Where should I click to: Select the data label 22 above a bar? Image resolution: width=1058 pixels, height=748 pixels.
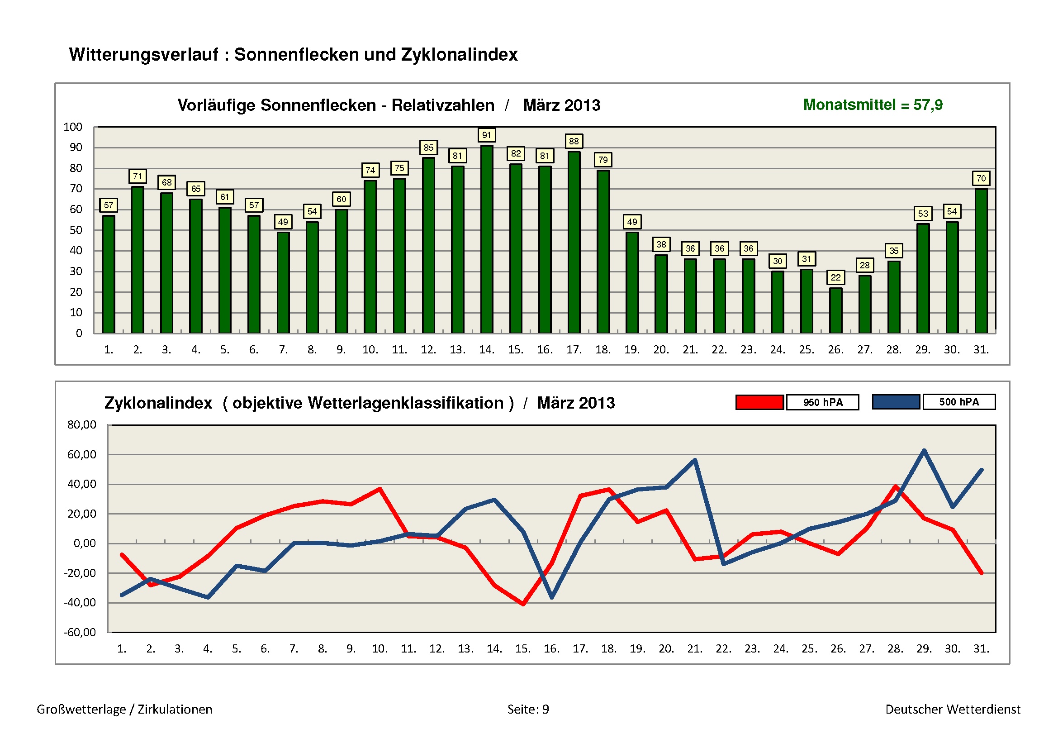point(835,277)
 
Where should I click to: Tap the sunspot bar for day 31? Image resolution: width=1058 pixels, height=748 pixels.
point(981,261)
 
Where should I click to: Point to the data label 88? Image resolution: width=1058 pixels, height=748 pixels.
point(574,142)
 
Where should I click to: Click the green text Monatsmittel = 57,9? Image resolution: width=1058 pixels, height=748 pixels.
point(873,105)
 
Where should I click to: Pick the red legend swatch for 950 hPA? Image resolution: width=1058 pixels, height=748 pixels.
point(759,402)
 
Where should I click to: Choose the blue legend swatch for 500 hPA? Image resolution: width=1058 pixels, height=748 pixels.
point(896,402)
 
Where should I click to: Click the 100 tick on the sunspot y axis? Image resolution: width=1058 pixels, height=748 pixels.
point(73,127)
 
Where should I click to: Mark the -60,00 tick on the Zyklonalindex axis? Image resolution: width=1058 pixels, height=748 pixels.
point(80,632)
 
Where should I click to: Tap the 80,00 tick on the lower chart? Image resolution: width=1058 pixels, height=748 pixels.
point(81,425)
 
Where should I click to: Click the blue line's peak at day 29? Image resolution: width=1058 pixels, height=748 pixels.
point(924,451)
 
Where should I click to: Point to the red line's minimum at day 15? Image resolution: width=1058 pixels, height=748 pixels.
point(523,604)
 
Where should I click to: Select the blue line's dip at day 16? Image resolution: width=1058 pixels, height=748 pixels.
point(552,597)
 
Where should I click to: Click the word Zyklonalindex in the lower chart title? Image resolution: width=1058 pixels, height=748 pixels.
point(158,403)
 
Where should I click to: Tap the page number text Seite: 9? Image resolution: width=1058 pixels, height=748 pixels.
point(528,709)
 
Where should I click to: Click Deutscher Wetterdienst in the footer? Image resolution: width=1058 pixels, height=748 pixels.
point(953,709)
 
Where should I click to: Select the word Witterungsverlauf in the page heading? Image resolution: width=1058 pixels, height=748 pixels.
point(143,55)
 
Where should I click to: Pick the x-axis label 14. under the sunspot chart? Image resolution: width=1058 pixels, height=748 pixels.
point(487,350)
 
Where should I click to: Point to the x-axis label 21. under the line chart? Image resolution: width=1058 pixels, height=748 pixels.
point(694,649)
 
